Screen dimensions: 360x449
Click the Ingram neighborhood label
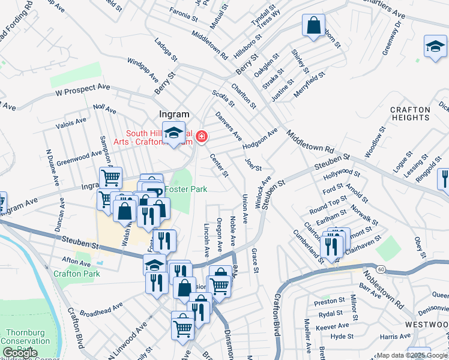[x=174, y=114]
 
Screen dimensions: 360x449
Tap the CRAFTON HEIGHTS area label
[x=410, y=113]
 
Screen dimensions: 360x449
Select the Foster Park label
[x=187, y=189]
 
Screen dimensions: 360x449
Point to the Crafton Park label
[x=76, y=274]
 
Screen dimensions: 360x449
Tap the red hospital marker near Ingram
[x=201, y=137]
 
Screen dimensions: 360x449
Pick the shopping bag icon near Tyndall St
[x=313, y=26]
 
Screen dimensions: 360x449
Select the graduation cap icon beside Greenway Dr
[x=435, y=46]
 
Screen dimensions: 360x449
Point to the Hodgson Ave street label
[x=260, y=139]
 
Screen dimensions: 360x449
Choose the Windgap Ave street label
[x=143, y=71]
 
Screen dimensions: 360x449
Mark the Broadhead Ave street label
[x=101, y=309]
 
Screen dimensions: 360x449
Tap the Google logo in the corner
[x=20, y=353]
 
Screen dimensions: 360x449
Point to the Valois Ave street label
[x=70, y=122]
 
